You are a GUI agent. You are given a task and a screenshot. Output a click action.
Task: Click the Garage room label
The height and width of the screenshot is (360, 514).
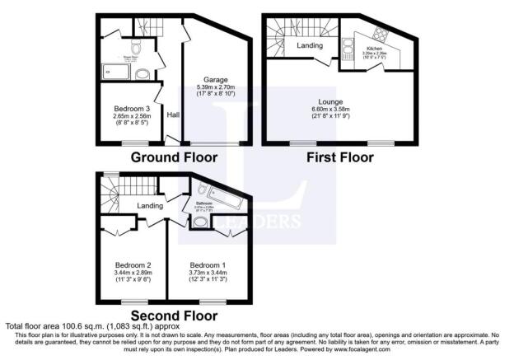pyautogui.click(x=216, y=80)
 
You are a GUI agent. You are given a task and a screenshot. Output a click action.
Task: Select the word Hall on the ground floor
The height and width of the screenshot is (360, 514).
pyautogui.click(x=173, y=115)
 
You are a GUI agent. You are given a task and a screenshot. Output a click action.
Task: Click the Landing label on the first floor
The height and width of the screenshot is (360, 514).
pyautogui.click(x=310, y=45)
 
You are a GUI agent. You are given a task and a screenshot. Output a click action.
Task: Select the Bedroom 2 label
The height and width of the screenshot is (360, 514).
pyautogui.click(x=132, y=264)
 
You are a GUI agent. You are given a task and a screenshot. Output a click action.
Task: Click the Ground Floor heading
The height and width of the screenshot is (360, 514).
pyautogui.click(x=175, y=157)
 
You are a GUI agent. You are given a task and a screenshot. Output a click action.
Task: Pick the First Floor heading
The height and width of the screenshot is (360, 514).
pyautogui.click(x=340, y=157)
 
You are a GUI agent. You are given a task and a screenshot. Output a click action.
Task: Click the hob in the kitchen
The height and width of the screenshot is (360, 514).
pyautogui.click(x=382, y=35)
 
